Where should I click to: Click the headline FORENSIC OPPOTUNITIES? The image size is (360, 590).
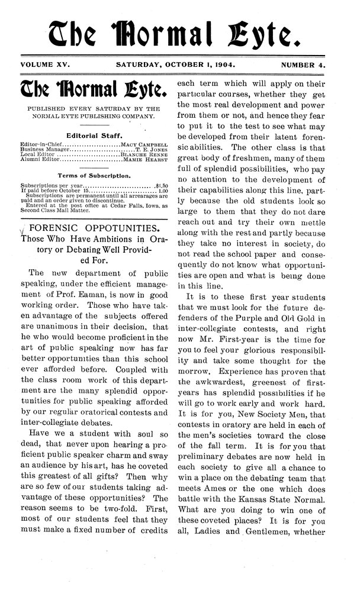coord(92,228)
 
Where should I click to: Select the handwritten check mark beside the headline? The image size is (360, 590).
coord(22,230)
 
